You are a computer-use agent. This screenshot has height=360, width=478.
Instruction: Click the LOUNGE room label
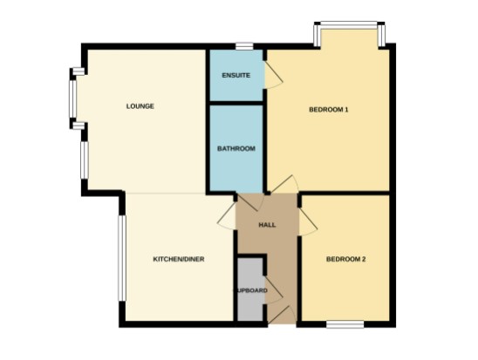tap(140, 106)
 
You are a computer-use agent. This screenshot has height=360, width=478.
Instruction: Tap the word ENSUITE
tap(236, 76)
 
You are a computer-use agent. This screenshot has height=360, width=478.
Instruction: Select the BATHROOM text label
tap(236, 149)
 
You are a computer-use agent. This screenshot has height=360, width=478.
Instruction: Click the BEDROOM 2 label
tap(345, 259)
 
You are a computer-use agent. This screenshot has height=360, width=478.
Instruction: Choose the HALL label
tap(267, 226)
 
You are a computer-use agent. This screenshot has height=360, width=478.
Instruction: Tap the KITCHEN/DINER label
tap(179, 259)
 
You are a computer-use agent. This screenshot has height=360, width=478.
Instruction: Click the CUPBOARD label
tap(249, 289)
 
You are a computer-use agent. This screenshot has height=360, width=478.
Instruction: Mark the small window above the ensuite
tap(243, 45)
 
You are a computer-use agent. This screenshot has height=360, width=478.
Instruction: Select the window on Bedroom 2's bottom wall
tap(345, 325)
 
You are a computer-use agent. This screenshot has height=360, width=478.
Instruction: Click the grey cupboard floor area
tap(249, 301)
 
